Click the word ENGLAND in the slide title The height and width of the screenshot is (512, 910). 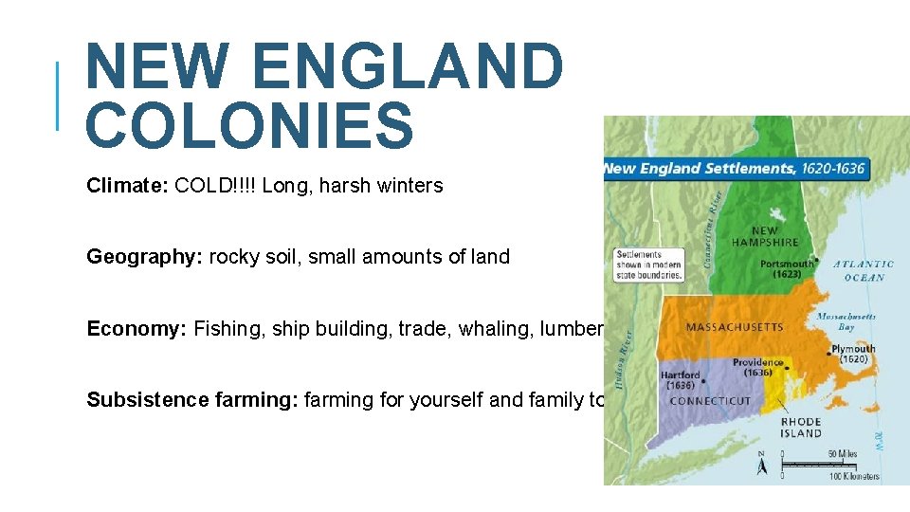(409, 66)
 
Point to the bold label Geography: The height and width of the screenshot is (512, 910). (144, 257)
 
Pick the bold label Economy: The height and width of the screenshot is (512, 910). (136, 329)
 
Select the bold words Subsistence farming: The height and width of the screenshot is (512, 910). (192, 400)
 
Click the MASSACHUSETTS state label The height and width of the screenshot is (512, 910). (735, 327)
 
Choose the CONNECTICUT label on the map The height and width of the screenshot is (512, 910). (710, 401)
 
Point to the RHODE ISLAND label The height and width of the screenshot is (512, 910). (801, 428)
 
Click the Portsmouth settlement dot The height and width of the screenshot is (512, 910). (818, 265)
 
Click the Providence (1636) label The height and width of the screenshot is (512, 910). (758, 367)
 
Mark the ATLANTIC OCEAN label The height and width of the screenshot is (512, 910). (863, 270)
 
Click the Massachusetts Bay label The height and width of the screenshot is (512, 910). (846, 321)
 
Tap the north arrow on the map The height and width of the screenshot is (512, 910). (763, 465)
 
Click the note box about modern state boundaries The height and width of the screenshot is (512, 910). (648, 265)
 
